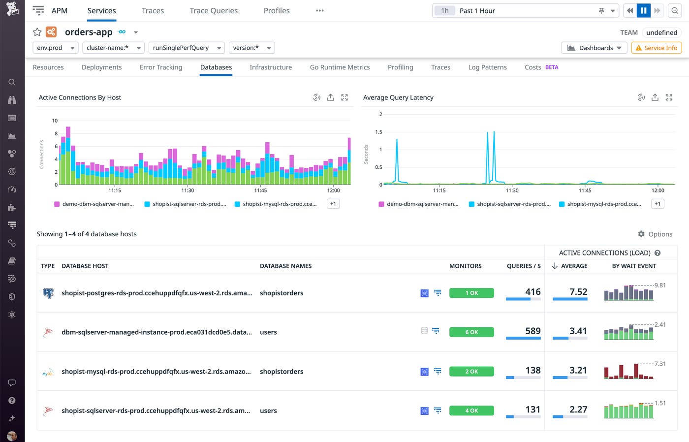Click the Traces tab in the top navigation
coord(153,11)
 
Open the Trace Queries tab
coord(214,11)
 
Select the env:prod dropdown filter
coord(56,48)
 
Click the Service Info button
coord(657,48)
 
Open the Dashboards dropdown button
coord(594,48)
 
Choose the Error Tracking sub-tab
coord(161,67)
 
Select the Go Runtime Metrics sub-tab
coord(340,67)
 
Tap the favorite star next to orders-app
coord(37,32)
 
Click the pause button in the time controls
coord(643,11)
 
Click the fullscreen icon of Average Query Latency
coord(669,97)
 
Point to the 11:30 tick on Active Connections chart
coord(188,190)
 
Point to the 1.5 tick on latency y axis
coord(378,132)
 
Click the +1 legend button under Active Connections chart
coord(333,204)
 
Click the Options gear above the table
coord(655,234)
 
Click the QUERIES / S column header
coord(524,266)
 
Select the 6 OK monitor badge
coord(471,332)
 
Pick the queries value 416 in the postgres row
coord(532,292)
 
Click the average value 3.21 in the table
coord(578,370)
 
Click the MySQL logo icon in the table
coord(48,372)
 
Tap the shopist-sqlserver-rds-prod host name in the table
coord(156,410)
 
